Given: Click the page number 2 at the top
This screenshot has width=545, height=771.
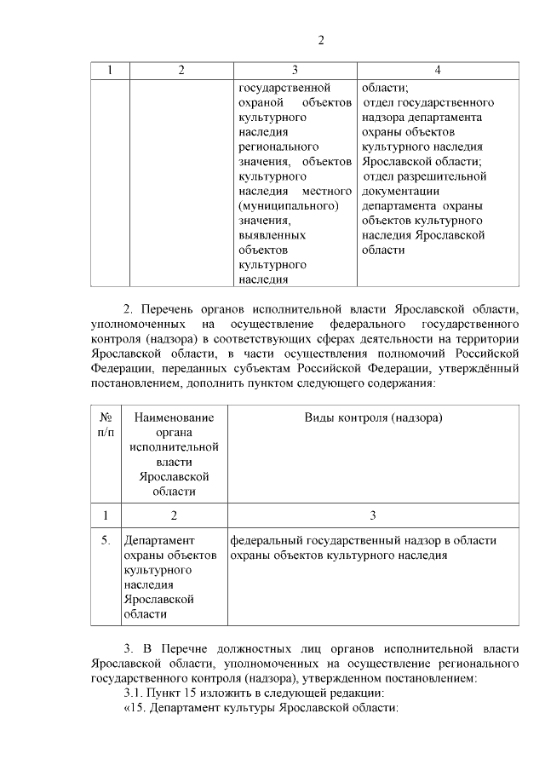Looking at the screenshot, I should [321, 40].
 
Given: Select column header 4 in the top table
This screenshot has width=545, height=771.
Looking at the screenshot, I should [437, 70].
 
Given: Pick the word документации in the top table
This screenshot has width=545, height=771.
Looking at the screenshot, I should [400, 191].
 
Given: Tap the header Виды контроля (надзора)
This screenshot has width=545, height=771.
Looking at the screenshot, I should [373, 417].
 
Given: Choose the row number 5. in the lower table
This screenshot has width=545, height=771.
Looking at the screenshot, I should [106, 540].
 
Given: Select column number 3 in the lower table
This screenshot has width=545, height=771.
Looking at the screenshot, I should [372, 515].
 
